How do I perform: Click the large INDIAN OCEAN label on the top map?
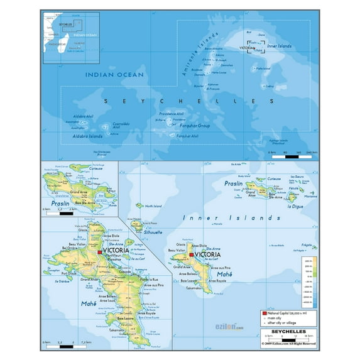click(115, 75)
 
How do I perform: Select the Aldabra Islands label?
click(87, 136)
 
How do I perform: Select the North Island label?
click(153, 205)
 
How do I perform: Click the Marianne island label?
click(310, 196)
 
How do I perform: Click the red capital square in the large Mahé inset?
click(99, 252)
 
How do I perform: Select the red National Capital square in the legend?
click(265, 312)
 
